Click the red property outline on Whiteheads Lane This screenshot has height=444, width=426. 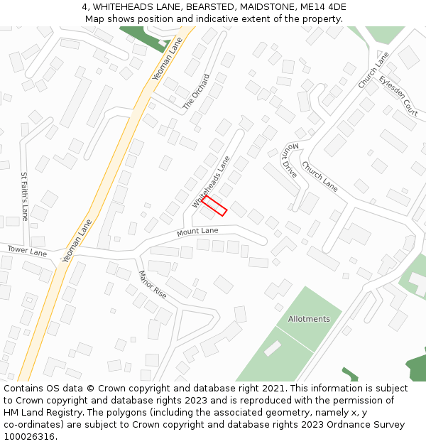(x=214, y=206)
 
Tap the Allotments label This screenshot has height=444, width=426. (x=309, y=319)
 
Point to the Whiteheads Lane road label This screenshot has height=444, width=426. (x=211, y=183)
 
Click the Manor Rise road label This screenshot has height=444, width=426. (x=152, y=284)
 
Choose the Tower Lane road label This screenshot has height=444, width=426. (x=27, y=251)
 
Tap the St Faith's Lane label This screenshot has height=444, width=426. (x=24, y=195)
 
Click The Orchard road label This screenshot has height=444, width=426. (x=197, y=91)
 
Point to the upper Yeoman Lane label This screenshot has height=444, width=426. (x=168, y=58)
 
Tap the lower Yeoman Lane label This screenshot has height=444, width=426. (x=77, y=242)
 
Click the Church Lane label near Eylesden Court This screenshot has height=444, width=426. (x=373, y=70)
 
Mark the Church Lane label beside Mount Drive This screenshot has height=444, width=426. (x=319, y=176)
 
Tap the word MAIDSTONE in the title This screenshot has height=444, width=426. (x=268, y=7)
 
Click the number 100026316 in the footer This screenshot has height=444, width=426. (x=28, y=436)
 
